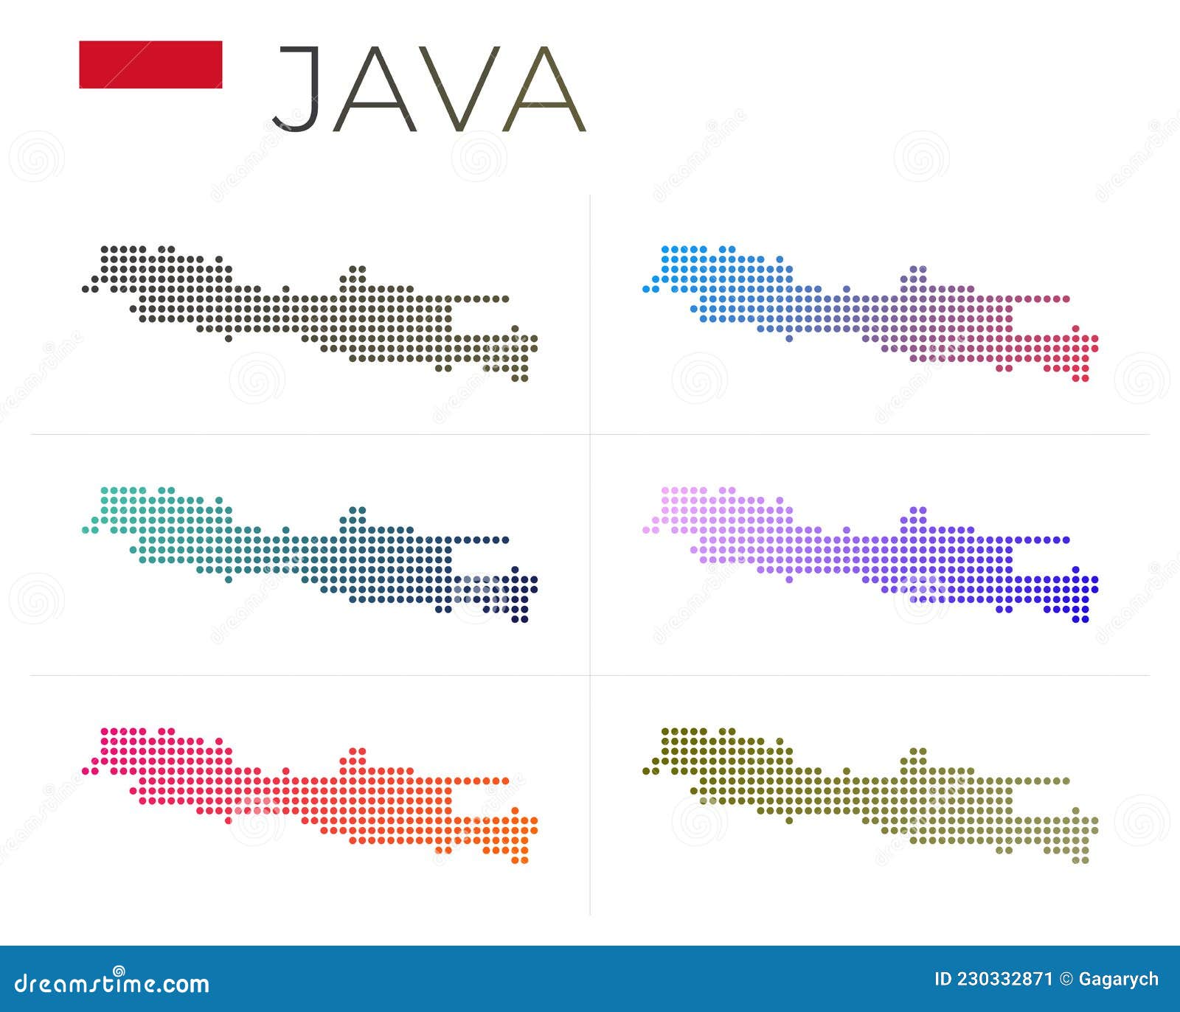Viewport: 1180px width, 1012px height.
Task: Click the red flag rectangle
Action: (150, 65)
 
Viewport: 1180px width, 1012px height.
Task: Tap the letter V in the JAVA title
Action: (459, 88)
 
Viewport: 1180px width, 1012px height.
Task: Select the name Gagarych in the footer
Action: (1119, 980)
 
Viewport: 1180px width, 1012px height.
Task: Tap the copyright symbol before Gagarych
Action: (1066, 980)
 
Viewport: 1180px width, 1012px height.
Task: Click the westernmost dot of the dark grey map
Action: (86, 290)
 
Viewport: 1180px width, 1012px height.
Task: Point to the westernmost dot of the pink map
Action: (86, 771)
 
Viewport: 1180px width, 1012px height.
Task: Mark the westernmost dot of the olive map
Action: (646, 771)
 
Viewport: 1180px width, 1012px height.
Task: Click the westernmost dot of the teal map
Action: (86, 530)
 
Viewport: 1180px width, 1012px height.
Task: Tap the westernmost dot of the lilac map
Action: (646, 530)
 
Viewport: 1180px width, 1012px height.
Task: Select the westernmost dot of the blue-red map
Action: (646, 290)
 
